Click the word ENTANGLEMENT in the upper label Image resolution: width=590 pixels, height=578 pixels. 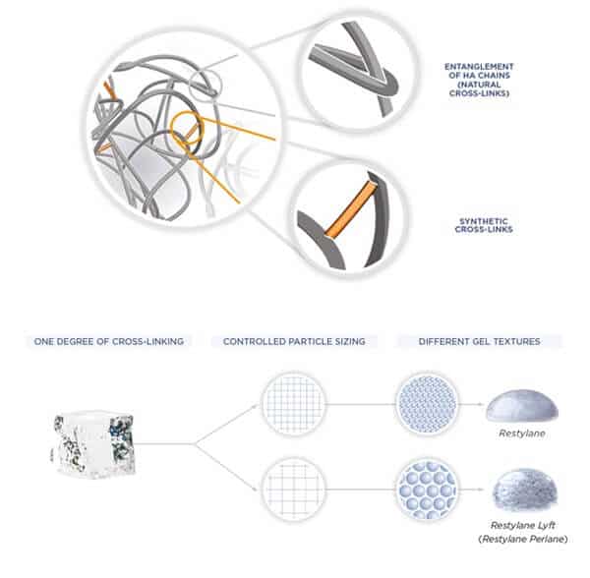click(479, 67)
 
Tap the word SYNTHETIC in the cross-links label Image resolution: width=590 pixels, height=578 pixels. click(484, 221)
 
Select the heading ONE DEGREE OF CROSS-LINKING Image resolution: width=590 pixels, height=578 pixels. click(109, 341)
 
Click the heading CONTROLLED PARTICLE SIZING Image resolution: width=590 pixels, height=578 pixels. click(294, 341)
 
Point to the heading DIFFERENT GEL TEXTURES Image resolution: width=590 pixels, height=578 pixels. click(480, 341)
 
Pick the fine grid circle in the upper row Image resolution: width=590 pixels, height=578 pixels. click(293, 404)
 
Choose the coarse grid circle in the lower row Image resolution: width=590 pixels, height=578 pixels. click(293, 490)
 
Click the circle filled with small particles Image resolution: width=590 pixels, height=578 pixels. click(427, 404)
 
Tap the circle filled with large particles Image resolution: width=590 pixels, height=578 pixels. click(427, 490)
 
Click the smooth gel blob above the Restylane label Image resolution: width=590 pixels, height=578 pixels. click(522, 405)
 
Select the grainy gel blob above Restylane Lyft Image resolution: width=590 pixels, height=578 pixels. click(524, 489)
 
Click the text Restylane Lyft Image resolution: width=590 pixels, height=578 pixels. click(523, 525)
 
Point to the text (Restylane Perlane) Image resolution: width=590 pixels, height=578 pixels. click(523, 540)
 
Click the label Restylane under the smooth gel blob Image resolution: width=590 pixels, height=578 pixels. click(522, 433)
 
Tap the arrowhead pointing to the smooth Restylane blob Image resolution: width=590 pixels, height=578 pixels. click(480, 404)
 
